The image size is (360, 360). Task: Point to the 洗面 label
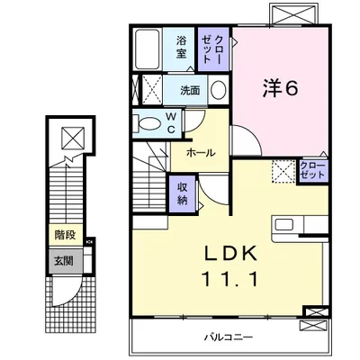pyautogui.click(x=190, y=90)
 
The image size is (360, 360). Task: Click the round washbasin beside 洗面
pyautogui.click(x=218, y=90)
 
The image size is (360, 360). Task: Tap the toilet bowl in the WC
pyautogui.click(x=144, y=123)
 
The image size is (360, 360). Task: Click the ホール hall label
pyautogui.click(x=201, y=153)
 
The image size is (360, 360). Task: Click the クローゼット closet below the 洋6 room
pyautogui.click(x=312, y=170)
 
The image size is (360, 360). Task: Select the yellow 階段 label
pyautogui.click(x=64, y=235)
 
